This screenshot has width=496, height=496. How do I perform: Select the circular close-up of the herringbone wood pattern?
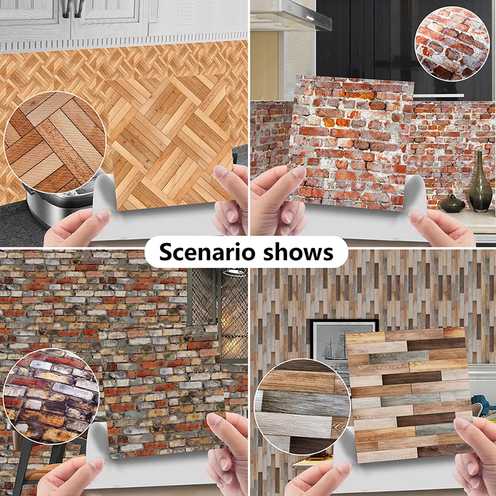[x=55, y=140]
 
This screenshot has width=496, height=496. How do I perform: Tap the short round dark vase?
[x=452, y=203]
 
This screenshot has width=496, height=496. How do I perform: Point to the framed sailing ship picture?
[x=335, y=344]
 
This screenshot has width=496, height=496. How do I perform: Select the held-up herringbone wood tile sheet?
[x=167, y=143]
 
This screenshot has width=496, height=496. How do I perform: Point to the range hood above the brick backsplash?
[x=291, y=15]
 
